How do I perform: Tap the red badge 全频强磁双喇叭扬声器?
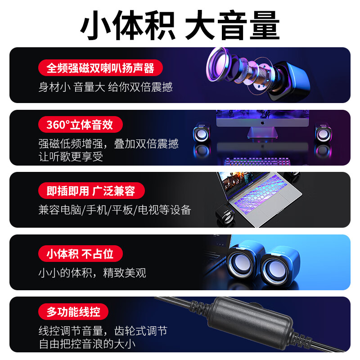point(100,68)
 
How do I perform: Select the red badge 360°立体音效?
point(80,124)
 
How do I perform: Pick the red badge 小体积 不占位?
point(80,254)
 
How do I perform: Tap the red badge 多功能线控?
point(73,311)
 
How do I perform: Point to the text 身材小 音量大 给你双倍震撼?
point(105,87)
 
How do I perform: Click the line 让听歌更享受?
point(71,156)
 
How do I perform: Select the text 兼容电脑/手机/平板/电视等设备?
point(115,210)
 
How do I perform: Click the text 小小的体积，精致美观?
point(92,273)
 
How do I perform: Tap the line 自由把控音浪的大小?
point(87,344)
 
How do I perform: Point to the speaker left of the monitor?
point(202,134)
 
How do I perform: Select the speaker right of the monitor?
point(323,134)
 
